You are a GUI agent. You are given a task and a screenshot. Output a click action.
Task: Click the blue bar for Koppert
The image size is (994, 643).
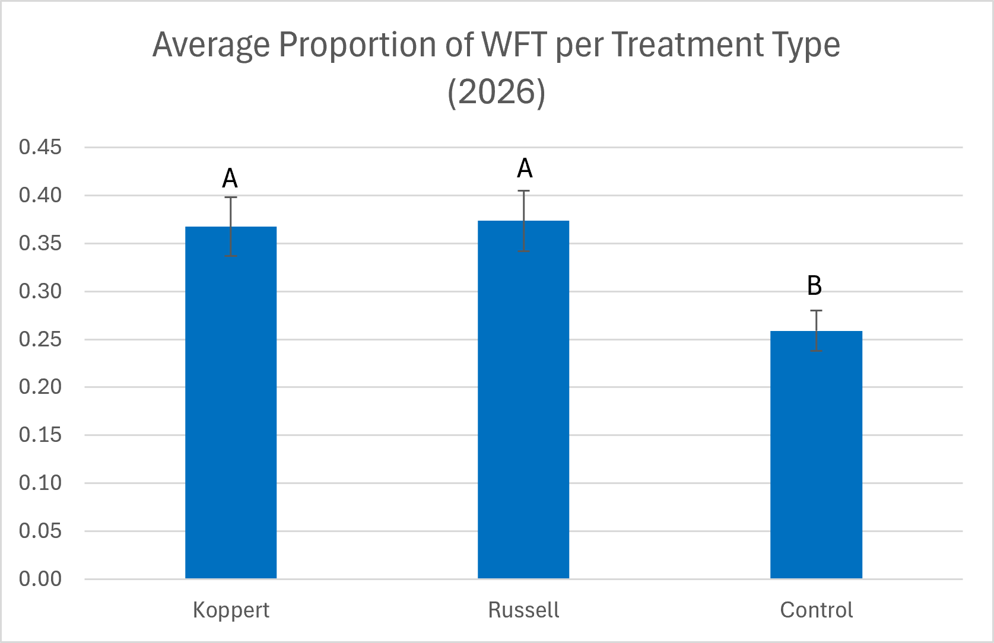pyautogui.click(x=231, y=403)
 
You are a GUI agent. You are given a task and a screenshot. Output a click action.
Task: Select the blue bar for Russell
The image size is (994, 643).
pyautogui.click(x=523, y=400)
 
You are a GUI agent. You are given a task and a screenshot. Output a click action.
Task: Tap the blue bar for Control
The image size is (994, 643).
pyautogui.click(x=816, y=454)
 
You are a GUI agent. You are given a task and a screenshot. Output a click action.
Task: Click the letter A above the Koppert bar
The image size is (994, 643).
pyautogui.click(x=230, y=179)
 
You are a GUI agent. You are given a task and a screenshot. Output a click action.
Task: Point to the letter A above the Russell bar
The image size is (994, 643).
pyautogui.click(x=525, y=168)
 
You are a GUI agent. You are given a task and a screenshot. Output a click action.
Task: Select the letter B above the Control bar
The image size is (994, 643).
pyautogui.click(x=814, y=285)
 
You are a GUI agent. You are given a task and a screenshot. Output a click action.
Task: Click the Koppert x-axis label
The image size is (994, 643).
pyautogui.click(x=231, y=610)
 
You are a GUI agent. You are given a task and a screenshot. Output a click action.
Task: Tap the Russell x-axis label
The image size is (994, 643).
pyautogui.click(x=523, y=610)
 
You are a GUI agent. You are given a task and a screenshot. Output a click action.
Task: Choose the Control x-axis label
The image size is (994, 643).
pyautogui.click(x=817, y=610)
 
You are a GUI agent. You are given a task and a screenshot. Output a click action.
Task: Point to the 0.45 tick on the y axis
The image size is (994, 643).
pyautogui.click(x=40, y=147)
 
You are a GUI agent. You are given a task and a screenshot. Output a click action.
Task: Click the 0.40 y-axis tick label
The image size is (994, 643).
pyautogui.click(x=40, y=195)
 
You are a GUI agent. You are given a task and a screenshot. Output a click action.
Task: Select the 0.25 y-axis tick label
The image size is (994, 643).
pyautogui.click(x=40, y=339)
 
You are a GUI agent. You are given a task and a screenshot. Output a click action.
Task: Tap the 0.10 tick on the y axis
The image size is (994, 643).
pyautogui.click(x=40, y=483)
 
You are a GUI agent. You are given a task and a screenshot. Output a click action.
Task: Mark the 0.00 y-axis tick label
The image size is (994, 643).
pyautogui.click(x=40, y=579)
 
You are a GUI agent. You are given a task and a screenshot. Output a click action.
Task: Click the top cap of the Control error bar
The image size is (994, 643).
pyautogui.click(x=816, y=310)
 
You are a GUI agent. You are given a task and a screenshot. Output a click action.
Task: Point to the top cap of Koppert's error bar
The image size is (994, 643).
pyautogui.click(x=231, y=197)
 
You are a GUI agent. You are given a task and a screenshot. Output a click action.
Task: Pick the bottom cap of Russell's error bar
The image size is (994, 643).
pyautogui.click(x=523, y=252)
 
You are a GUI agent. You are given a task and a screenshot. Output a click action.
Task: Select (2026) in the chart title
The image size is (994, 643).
pyautogui.click(x=497, y=92)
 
